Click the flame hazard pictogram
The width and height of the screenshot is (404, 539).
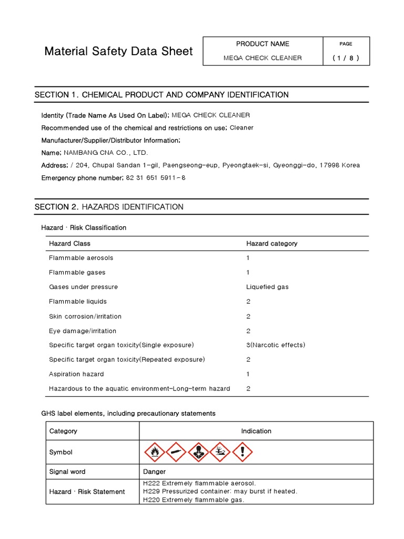click(154, 452)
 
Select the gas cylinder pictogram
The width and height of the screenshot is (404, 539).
click(176, 452)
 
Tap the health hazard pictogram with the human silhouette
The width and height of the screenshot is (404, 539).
click(198, 452)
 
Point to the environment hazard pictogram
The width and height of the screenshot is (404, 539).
click(220, 452)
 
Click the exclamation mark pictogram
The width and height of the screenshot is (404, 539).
click(243, 452)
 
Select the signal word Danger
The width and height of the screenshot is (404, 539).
click(154, 472)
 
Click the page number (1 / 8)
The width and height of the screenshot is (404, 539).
click(346, 58)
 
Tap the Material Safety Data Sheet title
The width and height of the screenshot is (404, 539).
click(118, 51)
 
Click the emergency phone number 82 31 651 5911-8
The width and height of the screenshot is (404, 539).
click(156, 178)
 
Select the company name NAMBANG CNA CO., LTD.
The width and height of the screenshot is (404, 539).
click(106, 153)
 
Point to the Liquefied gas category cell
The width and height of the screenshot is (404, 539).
click(267, 287)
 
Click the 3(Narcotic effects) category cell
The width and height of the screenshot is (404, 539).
click(276, 345)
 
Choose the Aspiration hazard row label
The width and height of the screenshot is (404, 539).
click(76, 374)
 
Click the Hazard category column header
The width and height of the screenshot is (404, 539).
click(271, 243)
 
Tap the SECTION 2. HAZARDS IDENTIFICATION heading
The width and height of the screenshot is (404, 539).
click(109, 207)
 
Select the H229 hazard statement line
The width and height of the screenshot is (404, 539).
click(220, 491)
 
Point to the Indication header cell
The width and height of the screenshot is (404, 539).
click(256, 431)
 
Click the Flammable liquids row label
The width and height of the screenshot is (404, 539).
click(77, 302)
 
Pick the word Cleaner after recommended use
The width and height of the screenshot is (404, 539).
click(241, 127)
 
